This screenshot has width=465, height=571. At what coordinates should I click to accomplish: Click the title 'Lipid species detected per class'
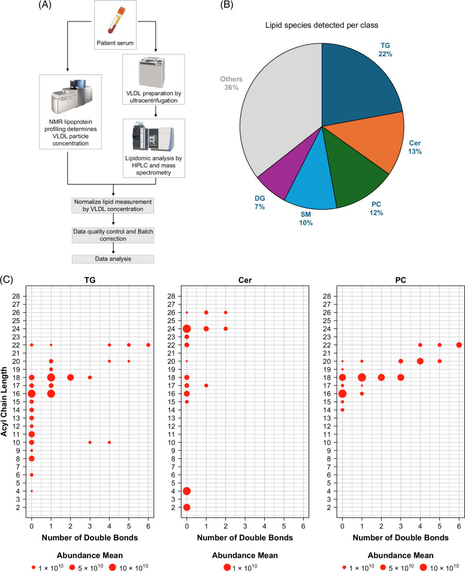pos(322,26)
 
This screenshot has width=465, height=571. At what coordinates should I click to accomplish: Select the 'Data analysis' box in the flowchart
pos(113,259)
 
